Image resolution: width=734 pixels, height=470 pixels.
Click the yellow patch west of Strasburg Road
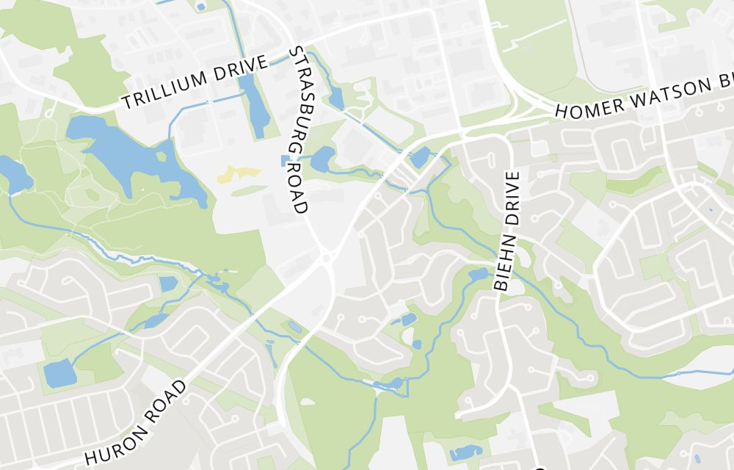(x=239, y=173)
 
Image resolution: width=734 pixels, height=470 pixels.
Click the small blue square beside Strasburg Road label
(x=285, y=161)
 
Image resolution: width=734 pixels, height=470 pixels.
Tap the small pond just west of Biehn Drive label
(x=478, y=275)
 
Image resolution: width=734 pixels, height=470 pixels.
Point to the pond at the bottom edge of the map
(x=465, y=453)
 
